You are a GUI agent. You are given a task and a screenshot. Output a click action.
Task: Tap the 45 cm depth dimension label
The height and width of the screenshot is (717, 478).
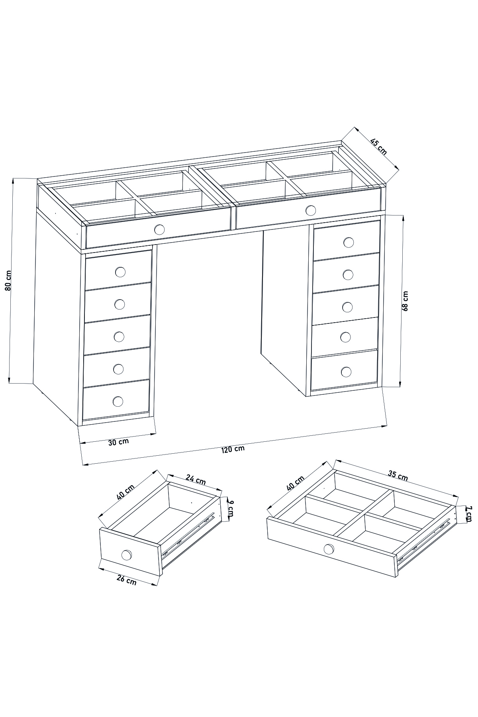click(x=378, y=147)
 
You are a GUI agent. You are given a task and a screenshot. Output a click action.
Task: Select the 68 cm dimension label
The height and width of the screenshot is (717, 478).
click(x=405, y=301)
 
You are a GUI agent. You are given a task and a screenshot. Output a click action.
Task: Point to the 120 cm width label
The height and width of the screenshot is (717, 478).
click(x=233, y=449)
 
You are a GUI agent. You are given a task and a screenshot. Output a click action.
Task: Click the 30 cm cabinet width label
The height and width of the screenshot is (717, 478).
click(x=118, y=442)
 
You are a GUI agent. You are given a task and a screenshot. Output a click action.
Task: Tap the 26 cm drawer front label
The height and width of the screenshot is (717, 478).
click(x=126, y=580)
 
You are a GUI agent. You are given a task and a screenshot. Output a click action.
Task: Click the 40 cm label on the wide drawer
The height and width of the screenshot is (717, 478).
click(x=295, y=483)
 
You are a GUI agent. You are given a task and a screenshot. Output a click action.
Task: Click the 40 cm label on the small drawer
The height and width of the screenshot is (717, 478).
click(x=126, y=492)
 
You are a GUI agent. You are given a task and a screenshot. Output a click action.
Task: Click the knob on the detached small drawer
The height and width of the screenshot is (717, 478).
click(x=127, y=554)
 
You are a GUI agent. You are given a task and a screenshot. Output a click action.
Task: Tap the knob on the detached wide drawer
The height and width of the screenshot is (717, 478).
click(x=329, y=549)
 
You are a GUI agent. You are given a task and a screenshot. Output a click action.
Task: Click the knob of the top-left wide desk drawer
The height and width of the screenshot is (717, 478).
click(x=159, y=229)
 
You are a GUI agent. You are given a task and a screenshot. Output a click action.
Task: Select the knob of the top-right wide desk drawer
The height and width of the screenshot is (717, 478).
click(x=311, y=210)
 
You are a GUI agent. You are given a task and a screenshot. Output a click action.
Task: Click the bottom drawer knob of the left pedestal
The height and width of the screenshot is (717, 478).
click(x=118, y=401)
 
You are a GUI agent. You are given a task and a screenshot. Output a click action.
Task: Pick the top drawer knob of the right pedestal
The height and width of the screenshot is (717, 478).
click(x=349, y=242)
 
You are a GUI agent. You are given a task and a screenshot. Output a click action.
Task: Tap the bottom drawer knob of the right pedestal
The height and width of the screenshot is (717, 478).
click(x=346, y=372)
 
